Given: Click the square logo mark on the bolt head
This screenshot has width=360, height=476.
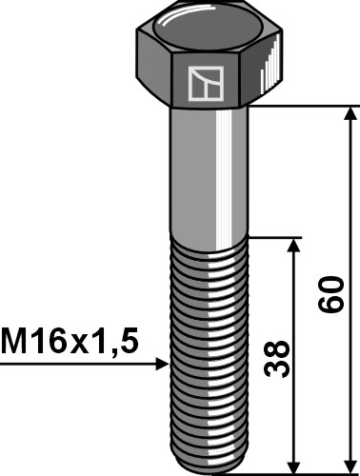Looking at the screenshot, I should click(207, 85).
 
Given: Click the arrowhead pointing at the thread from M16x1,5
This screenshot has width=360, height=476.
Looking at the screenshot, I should click(159, 363).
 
